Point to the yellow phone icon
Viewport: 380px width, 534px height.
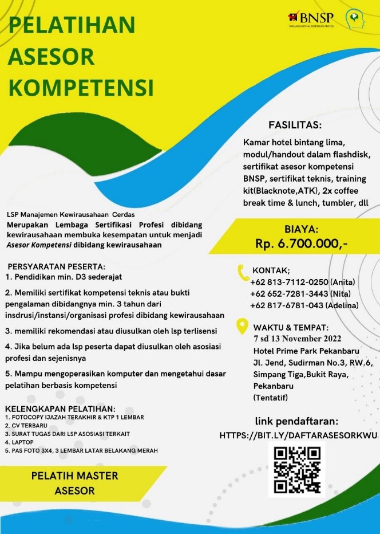tap(243, 270)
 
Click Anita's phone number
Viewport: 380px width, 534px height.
tap(289, 281)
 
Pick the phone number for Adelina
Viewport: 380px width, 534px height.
tap(286, 305)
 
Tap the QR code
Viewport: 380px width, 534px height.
tap(297, 469)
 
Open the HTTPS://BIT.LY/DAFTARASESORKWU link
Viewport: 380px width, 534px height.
tap(299, 436)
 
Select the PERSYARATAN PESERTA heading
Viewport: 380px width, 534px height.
tap(56, 266)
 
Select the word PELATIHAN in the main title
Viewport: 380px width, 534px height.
tap(73, 26)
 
